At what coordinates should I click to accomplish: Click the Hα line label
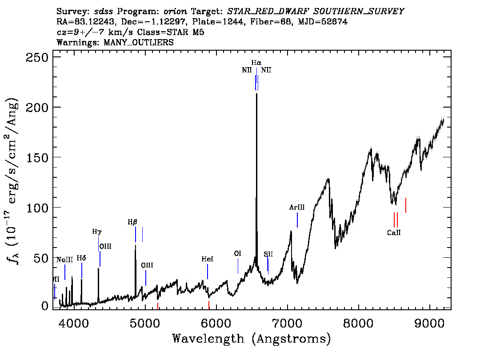point(256,63)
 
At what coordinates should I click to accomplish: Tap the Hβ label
point(132,222)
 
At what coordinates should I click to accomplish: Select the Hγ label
point(97,232)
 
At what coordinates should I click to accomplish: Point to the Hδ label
point(81,258)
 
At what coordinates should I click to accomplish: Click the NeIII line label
point(64,260)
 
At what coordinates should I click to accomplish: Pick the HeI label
point(207,259)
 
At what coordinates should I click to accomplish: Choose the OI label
point(237,253)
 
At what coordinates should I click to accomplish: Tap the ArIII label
point(297,208)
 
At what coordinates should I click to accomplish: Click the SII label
point(268,254)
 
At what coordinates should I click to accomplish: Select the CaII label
point(394,232)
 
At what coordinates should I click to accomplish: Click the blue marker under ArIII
point(297,220)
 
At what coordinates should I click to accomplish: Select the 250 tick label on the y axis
point(37,58)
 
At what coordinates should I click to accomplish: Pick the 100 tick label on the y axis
point(37,208)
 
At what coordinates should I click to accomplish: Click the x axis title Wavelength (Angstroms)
point(252,339)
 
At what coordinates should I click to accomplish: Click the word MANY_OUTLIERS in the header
point(139,43)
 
